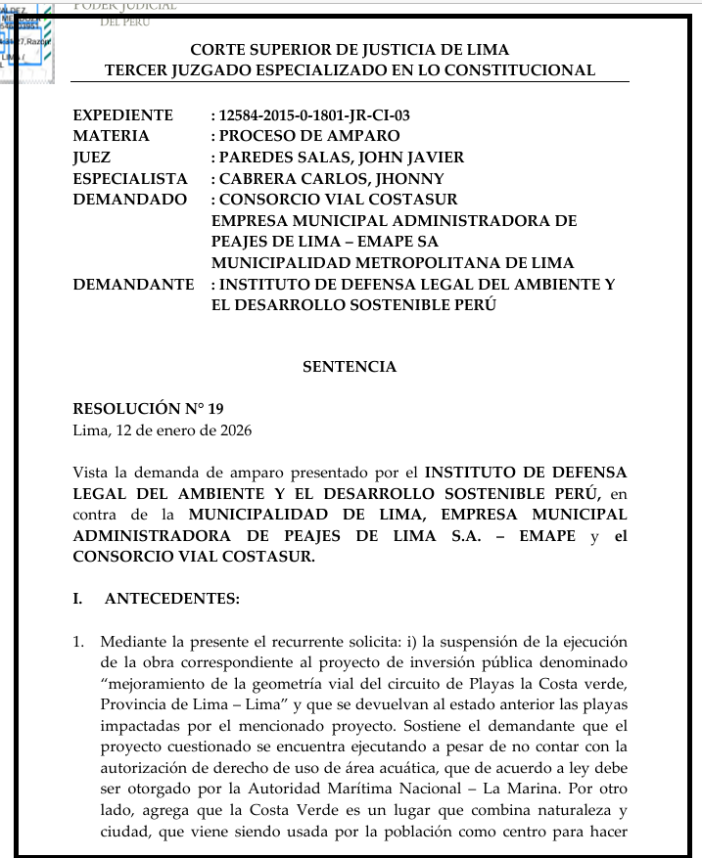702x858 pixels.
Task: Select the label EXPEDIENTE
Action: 123,115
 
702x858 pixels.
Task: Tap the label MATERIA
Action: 112,136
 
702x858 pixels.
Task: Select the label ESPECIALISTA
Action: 130,179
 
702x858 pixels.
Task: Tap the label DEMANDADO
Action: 129,200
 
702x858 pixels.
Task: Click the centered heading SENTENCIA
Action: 350,367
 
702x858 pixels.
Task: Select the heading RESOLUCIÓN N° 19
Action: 141,409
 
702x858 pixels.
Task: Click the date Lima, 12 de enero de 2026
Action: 162,430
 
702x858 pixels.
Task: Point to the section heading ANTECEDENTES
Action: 172,599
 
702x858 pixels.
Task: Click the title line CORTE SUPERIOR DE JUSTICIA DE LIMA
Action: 350,49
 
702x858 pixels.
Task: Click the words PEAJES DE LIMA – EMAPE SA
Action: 325,242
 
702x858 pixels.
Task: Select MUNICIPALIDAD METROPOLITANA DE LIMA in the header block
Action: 393,263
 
